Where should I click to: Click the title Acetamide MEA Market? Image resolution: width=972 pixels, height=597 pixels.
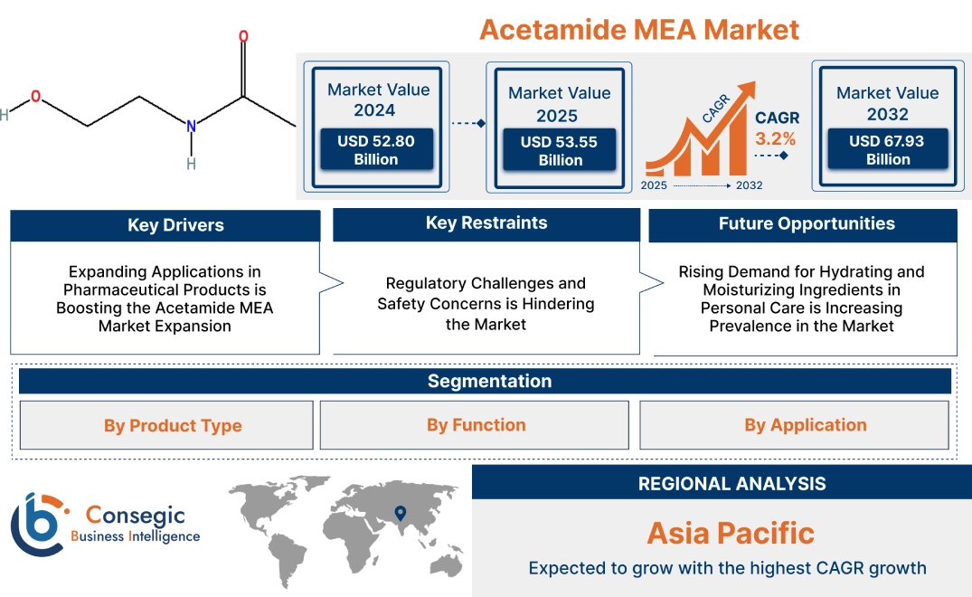638,29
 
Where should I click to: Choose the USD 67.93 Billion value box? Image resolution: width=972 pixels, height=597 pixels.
887,150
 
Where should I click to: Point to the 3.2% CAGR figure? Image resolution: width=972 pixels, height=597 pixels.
776,138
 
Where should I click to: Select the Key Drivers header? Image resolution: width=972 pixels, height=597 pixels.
165,225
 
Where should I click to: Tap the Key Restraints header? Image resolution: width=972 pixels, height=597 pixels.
486,223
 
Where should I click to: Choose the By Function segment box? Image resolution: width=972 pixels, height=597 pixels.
476,425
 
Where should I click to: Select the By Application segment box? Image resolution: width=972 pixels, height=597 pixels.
795,425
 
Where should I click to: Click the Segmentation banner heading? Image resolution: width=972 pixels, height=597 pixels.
488,381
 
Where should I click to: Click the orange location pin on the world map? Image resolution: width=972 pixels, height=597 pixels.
399,514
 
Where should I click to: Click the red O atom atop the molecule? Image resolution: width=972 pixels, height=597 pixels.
243,37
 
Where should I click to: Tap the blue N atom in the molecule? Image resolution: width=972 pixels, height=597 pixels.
191,127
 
